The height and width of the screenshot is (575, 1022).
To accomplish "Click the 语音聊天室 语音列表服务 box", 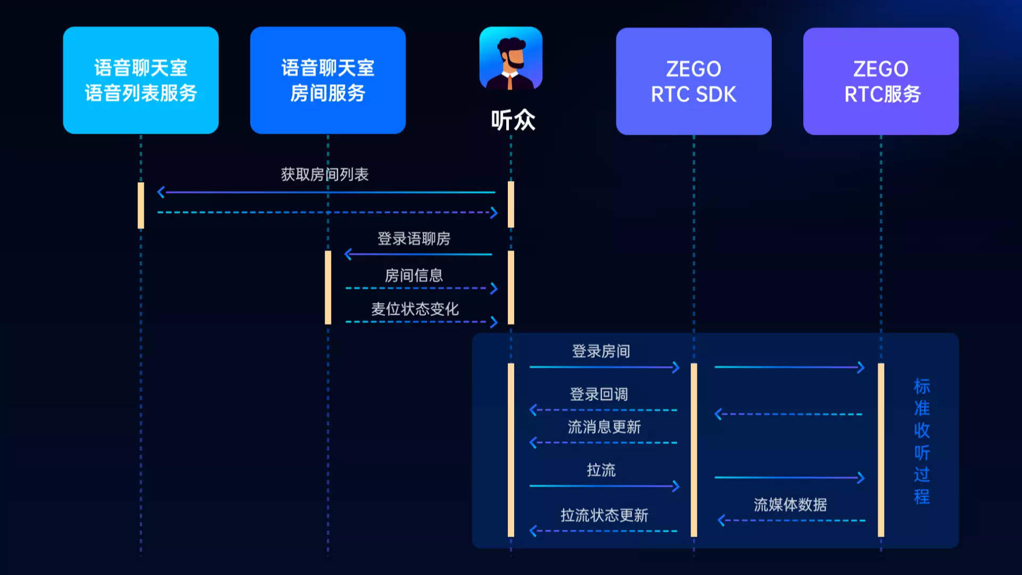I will (141, 80).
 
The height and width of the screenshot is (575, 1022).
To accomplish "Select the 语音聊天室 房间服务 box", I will (328, 80).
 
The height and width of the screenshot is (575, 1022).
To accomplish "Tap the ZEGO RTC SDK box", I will (694, 81).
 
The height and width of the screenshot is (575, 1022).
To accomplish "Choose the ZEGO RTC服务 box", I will (881, 81).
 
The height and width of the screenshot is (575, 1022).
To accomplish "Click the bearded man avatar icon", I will (511, 58).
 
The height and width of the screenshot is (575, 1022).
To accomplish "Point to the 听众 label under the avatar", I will (513, 120).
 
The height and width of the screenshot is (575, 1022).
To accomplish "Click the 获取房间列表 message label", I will (325, 175).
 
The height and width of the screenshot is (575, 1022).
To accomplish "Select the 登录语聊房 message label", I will (414, 239).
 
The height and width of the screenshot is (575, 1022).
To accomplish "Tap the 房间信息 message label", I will (414, 275).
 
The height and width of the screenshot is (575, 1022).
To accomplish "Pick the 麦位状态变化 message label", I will (415, 309).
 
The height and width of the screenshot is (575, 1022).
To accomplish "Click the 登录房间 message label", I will (601, 351).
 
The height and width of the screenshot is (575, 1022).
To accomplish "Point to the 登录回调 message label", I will (599, 395).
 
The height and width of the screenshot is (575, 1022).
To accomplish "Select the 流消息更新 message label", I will (604, 427).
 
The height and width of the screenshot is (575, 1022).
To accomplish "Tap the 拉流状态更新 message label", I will (604, 515).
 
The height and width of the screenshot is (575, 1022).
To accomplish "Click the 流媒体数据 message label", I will (790, 505).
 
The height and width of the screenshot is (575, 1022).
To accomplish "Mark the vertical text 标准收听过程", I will (922, 441).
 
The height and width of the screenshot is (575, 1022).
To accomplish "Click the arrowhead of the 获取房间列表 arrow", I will (161, 192).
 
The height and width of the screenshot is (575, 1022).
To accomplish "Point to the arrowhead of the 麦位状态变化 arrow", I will (494, 322).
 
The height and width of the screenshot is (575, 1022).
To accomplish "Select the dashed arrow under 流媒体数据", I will (792, 521).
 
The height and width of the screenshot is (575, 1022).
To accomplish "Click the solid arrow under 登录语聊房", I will (419, 254).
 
